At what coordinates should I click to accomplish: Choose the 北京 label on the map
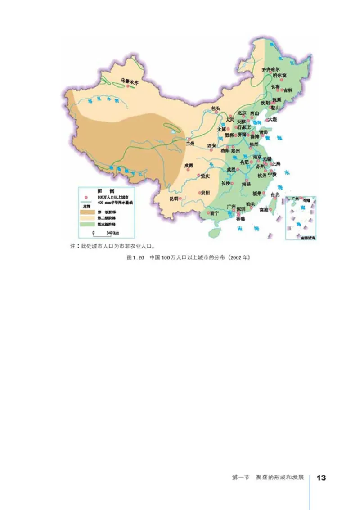coord(242,113)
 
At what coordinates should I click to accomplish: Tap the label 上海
coord(276,164)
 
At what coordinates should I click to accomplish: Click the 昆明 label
coord(174,199)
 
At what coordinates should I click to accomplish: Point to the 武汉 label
coord(231,169)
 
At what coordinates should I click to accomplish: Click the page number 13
coord(321,478)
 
